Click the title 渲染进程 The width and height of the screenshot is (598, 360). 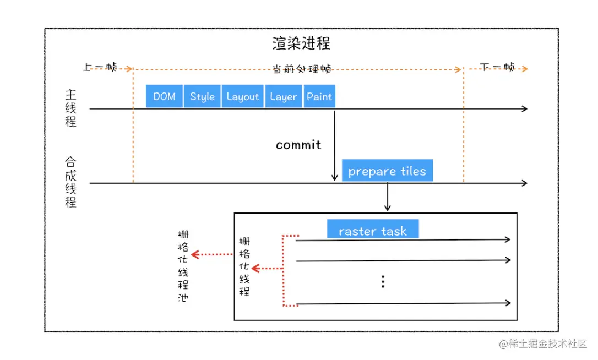301,43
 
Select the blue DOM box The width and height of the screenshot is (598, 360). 164,96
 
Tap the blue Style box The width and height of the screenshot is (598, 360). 202,96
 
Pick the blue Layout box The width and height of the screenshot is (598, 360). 242,96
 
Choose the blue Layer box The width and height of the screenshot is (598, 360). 283,96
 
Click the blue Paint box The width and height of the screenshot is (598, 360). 319,96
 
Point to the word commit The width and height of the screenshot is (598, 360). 298,145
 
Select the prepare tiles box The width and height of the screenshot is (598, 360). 387,171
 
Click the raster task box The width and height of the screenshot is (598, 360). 373,230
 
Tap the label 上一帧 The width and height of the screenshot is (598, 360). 100,67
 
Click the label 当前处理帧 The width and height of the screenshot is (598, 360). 302,69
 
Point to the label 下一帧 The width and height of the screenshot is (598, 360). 498,67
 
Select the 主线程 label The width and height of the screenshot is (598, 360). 70,108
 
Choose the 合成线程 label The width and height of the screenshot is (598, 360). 70,182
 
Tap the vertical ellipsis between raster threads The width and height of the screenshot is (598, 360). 383,282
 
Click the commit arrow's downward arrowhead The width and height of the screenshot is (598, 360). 334,177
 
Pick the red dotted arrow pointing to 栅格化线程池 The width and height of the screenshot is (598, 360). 213,254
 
